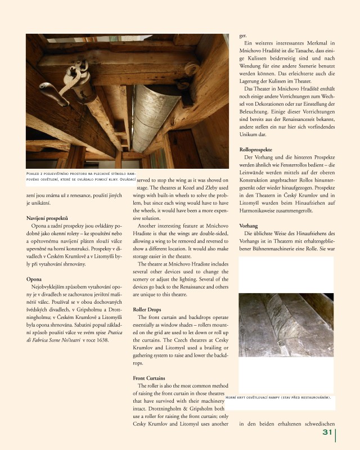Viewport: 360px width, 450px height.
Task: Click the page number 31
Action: point(327,433)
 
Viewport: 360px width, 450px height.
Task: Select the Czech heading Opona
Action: point(34,278)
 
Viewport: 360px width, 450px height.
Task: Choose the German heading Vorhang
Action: point(249,225)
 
